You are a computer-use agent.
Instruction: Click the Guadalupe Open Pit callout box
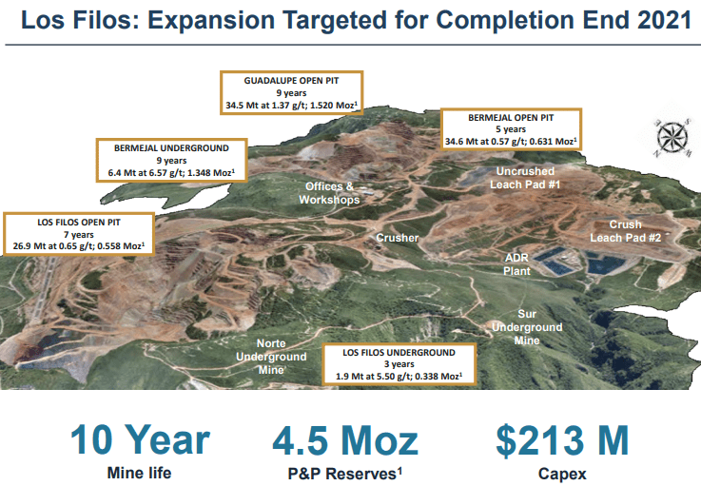(291, 92)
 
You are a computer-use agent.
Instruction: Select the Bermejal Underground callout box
(171, 160)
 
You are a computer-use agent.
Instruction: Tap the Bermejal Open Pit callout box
(511, 129)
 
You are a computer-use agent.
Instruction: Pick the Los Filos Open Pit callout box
(79, 234)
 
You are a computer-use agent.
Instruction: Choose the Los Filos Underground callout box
(399, 364)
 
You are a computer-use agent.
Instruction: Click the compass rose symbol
(672, 136)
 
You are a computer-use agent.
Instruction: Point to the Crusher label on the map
(397, 238)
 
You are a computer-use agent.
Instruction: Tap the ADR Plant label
(516, 264)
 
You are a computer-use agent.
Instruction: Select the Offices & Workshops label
(329, 193)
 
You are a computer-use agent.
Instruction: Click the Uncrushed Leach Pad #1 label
(525, 178)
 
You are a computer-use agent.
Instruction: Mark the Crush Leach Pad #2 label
(626, 231)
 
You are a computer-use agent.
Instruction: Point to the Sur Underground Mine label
(527, 327)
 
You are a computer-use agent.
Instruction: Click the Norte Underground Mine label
(271, 357)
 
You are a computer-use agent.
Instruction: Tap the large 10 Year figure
(140, 440)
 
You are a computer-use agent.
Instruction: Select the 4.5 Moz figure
(345, 441)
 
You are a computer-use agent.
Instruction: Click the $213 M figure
(562, 440)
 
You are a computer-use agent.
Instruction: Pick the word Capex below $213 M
(562, 474)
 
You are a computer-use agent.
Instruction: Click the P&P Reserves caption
(345, 474)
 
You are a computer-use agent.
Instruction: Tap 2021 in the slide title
(665, 20)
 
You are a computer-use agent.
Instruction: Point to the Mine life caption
(139, 473)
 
